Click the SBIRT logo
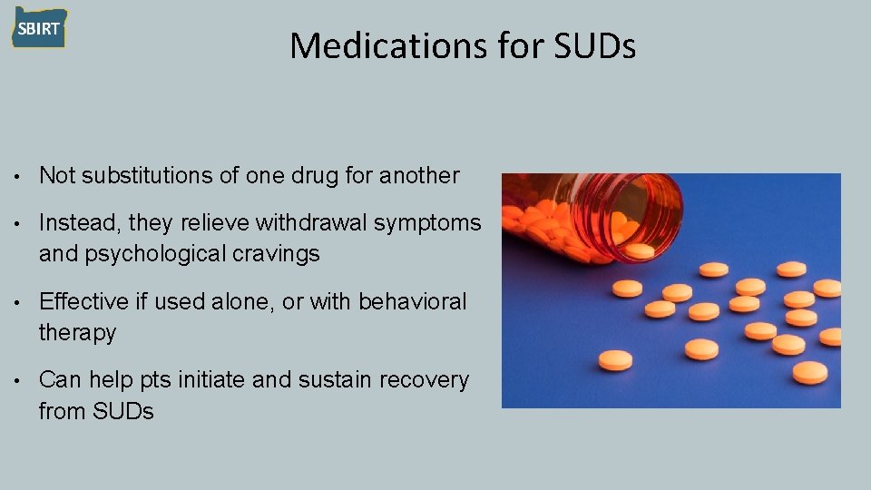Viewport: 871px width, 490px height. (39, 28)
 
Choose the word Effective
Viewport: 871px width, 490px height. (88, 301)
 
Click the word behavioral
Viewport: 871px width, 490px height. (413, 301)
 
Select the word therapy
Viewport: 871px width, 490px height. (77, 333)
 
